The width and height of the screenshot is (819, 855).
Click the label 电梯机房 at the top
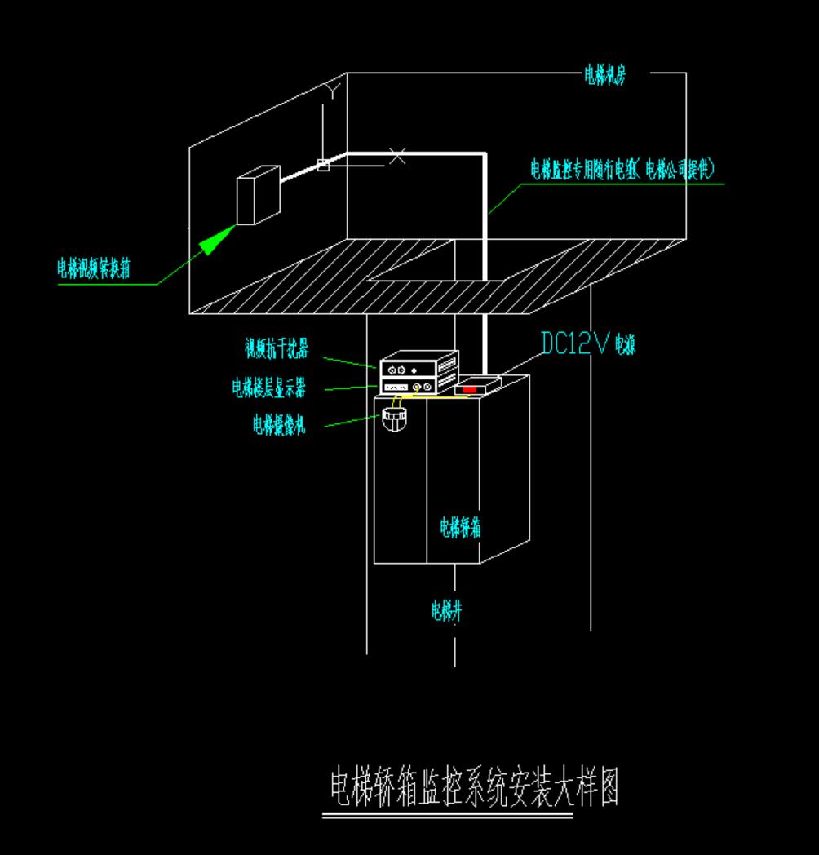pos(604,77)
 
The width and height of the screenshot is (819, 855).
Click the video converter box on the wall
pos(258,196)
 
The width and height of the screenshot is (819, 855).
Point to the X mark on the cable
pos(396,155)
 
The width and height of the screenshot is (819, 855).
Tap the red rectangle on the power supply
pos(470,389)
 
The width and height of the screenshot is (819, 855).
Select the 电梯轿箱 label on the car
pos(460,527)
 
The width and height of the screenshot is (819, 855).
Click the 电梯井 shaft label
pos(447,610)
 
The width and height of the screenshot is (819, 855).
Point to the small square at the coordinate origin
pos(324,166)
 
